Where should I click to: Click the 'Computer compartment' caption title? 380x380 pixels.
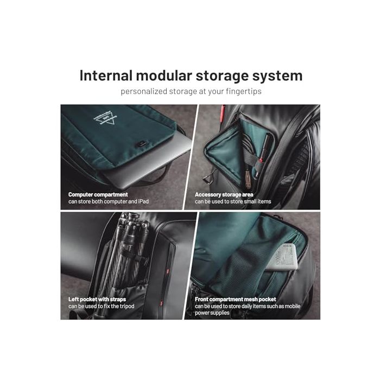coord(98,194)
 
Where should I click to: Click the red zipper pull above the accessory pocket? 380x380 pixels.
coord(221,114)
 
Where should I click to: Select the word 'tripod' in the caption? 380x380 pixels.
coord(124,307)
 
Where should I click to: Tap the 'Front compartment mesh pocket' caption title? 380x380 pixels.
coord(236,299)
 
